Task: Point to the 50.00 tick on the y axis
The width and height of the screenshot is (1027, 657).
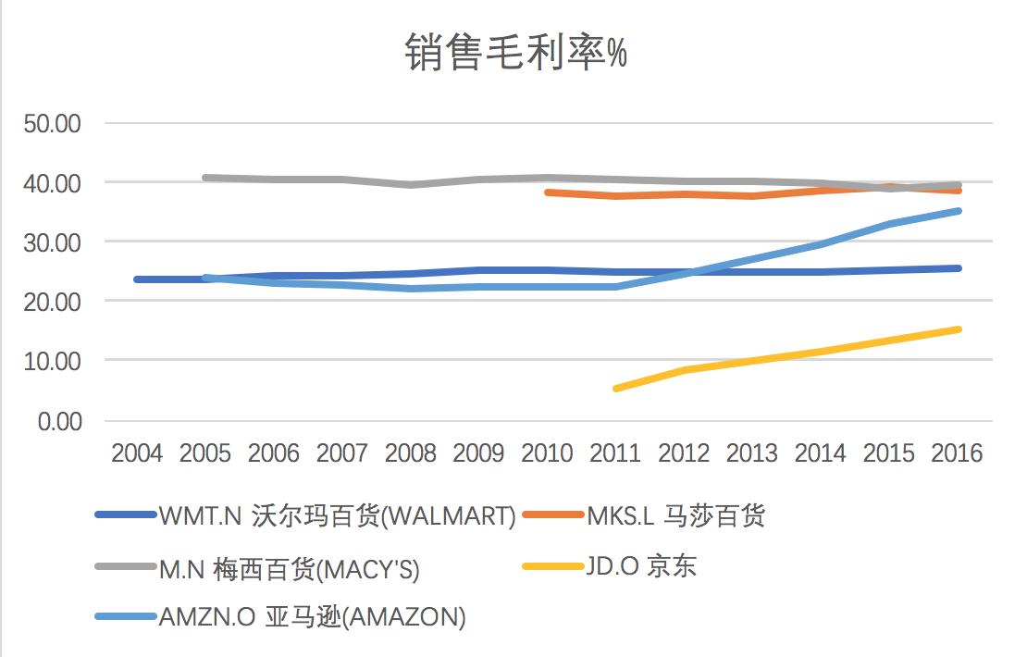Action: [53, 124]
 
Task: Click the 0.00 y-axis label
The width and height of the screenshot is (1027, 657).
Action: [58, 421]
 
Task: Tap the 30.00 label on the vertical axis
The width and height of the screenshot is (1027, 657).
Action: [53, 242]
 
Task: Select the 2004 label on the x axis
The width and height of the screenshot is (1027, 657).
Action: [136, 454]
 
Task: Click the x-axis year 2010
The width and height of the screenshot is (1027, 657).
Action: [547, 454]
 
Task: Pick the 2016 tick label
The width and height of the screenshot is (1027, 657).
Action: [958, 454]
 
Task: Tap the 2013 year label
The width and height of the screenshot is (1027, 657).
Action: [752, 454]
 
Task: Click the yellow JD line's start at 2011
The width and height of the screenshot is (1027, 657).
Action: [616, 389]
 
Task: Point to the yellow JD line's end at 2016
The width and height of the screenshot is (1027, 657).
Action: [958, 329]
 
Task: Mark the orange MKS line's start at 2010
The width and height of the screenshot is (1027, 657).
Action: [548, 192]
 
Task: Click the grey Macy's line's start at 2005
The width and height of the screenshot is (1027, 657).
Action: [205, 178]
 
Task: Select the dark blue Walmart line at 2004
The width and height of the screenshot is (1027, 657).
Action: [137, 279]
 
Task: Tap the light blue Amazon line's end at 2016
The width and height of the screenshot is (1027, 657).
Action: [958, 211]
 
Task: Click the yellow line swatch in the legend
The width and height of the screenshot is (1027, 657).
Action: [552, 566]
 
